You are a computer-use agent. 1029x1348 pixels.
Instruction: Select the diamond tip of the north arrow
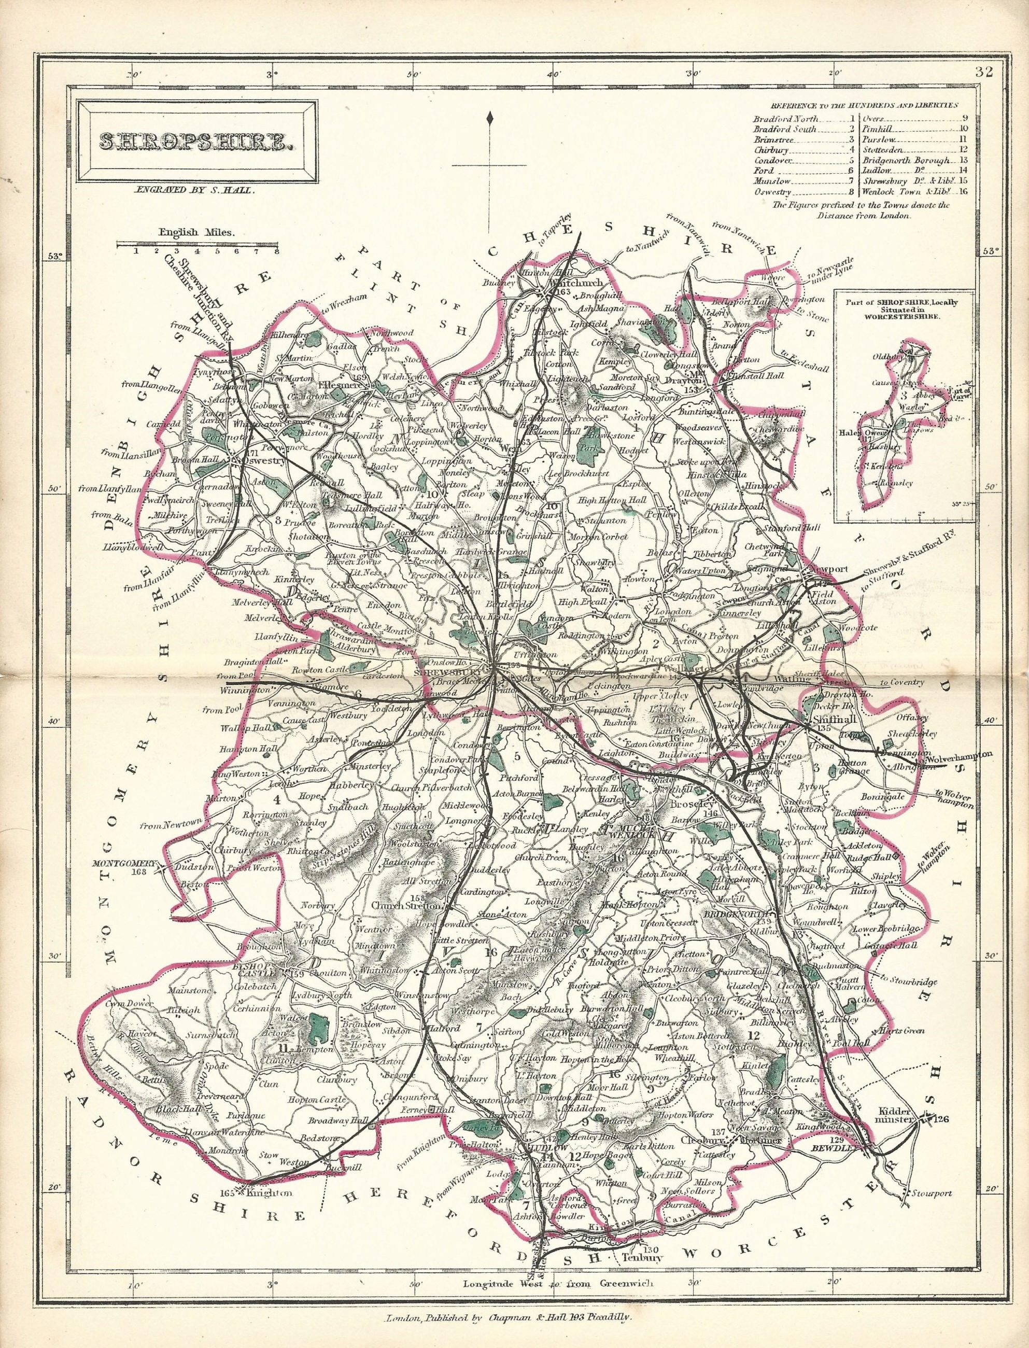[490, 118]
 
